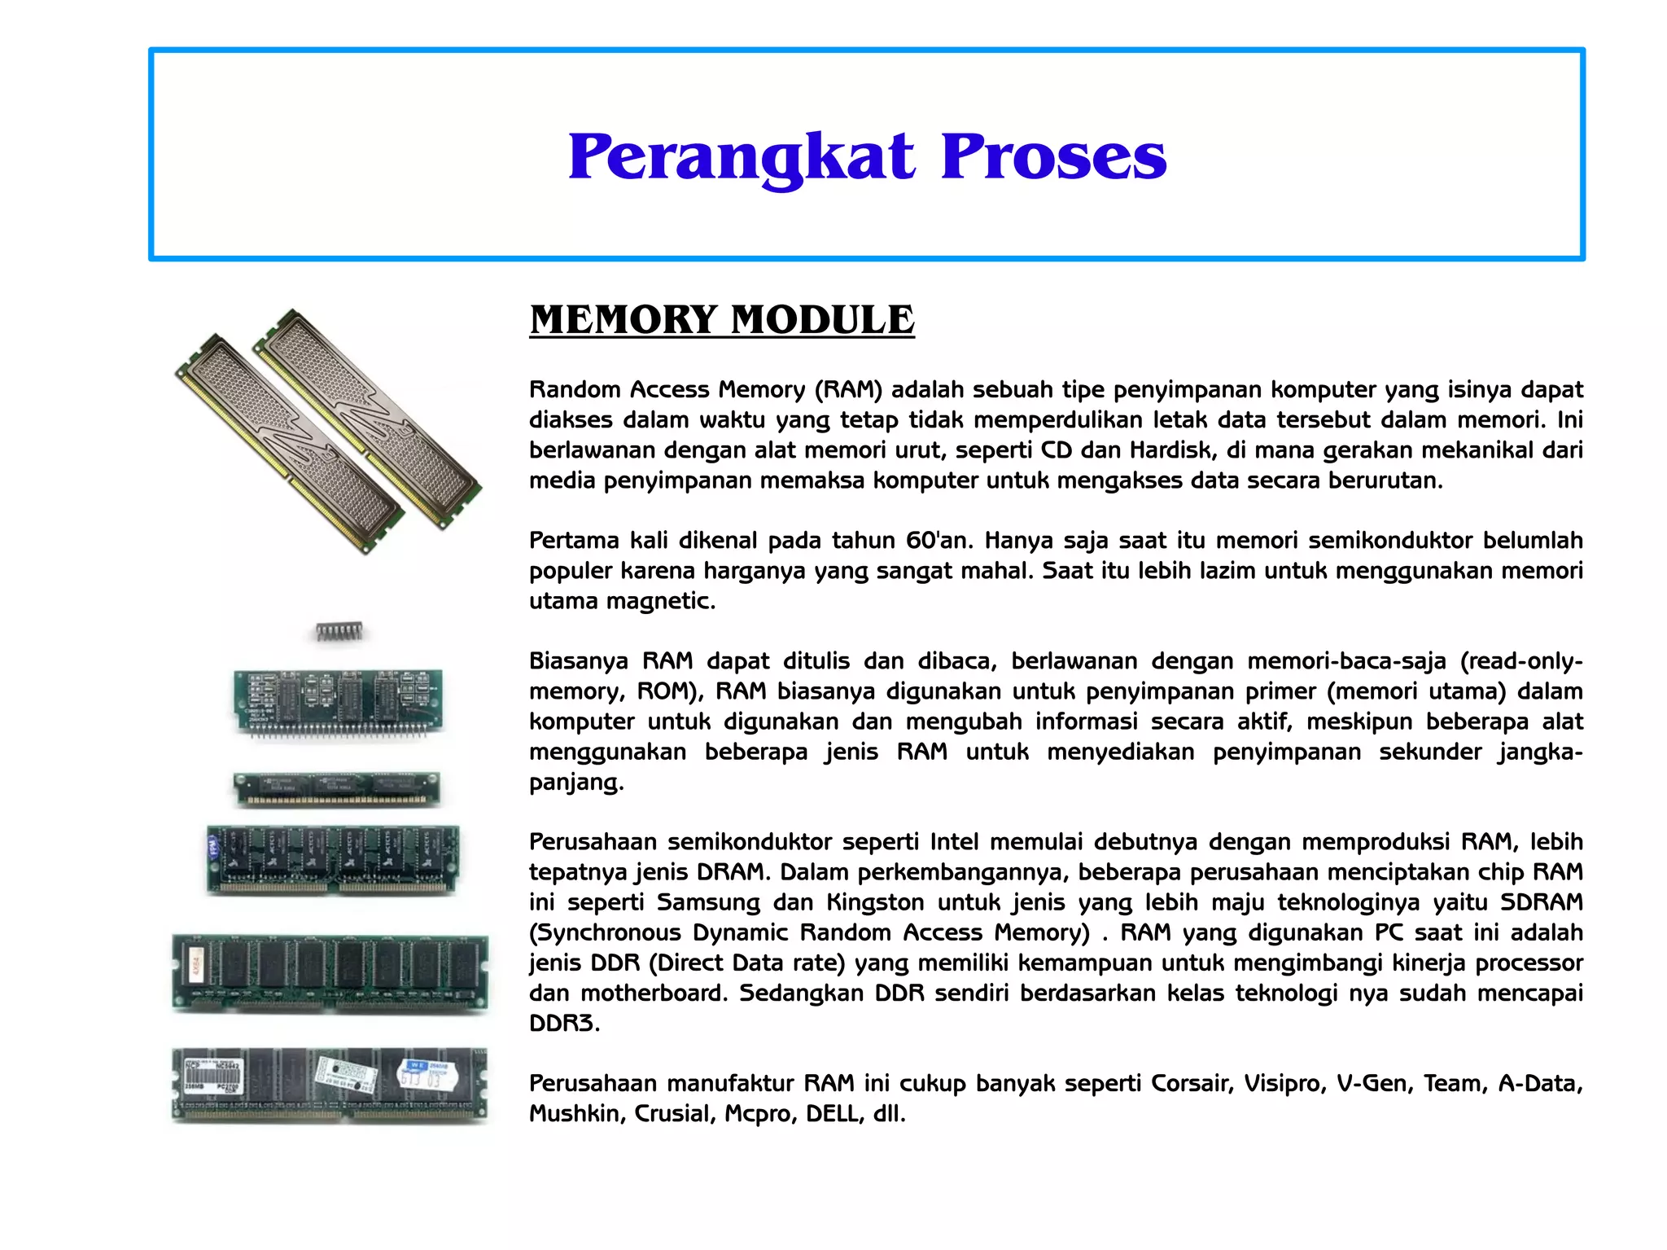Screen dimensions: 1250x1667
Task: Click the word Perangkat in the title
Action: click(741, 156)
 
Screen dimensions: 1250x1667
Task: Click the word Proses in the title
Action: click(1053, 156)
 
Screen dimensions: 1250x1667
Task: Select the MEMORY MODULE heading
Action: click(721, 319)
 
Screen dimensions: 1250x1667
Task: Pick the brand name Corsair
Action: click(1192, 1083)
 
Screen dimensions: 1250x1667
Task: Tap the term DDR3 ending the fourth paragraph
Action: click(562, 1023)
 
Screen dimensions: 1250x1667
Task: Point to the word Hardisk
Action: click(1171, 450)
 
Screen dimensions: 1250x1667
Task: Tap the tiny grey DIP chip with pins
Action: click(339, 631)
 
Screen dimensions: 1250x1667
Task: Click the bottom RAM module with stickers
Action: click(330, 1084)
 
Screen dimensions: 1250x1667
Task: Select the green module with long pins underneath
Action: click(338, 702)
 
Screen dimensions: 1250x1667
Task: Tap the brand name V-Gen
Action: click(1375, 1083)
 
